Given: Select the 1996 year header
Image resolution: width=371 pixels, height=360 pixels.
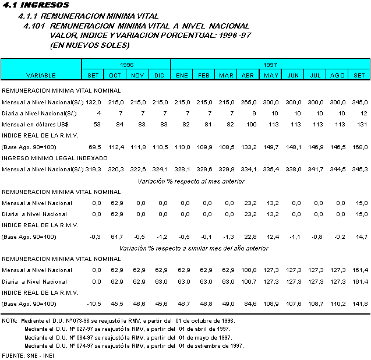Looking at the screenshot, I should pos(126,64).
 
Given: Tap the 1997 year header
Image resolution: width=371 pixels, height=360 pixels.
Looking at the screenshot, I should pos(269,64).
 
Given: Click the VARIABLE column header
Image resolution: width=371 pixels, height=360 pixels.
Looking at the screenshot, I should pos(41,75).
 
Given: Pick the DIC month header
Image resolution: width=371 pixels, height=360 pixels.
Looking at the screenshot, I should pos(159,75).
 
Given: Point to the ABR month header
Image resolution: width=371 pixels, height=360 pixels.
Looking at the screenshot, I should pos(248,75).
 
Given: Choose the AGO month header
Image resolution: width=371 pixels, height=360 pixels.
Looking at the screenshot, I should pos(337,75).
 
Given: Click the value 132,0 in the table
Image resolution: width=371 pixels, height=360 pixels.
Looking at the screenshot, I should pos(94,102).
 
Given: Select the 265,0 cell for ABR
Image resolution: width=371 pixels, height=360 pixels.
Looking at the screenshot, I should pos(248,102).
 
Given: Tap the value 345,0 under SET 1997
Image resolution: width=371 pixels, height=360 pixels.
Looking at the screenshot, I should pos(359,102).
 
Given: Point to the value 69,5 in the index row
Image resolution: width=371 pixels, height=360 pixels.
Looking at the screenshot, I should pos(94,147).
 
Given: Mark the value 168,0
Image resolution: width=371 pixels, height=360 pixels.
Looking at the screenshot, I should pos(359,147).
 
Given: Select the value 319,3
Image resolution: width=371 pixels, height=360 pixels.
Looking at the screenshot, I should pos(94,170).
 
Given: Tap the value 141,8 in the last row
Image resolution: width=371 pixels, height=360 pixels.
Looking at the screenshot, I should pos(359,303).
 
